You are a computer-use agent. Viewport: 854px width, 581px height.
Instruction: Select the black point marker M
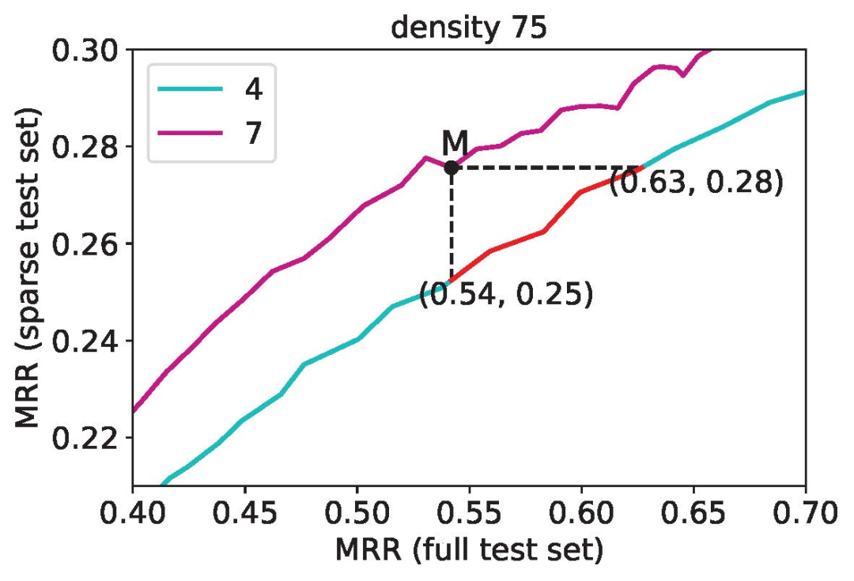pyautogui.click(x=451, y=168)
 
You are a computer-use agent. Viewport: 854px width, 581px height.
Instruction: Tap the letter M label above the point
pyautogui.click(x=455, y=143)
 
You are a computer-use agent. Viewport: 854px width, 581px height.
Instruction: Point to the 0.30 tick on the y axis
pyautogui.click(x=85, y=51)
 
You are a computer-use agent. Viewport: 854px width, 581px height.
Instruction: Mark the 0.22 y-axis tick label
pyautogui.click(x=85, y=437)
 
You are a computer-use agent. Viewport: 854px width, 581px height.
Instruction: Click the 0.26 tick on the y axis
pyautogui.click(x=85, y=243)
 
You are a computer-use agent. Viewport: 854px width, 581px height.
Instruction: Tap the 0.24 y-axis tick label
pyautogui.click(x=85, y=341)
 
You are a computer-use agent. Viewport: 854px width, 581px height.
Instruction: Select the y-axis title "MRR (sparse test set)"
pyautogui.click(x=30, y=267)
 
